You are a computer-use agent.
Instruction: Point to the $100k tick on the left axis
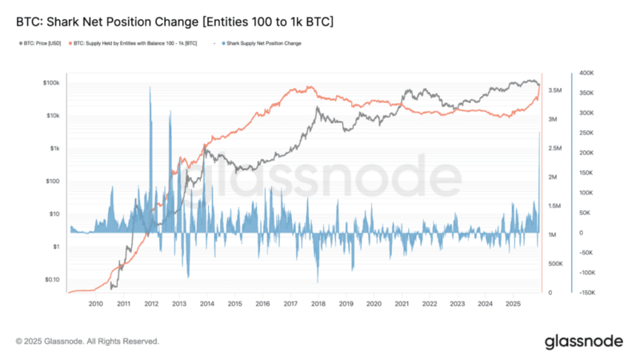click(50, 82)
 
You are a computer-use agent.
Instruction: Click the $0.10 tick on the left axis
click(51, 279)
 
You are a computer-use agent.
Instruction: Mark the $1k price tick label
click(54, 148)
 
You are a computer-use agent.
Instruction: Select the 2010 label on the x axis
click(95, 304)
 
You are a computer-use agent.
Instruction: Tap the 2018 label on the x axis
click(318, 304)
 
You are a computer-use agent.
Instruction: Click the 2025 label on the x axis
click(512, 304)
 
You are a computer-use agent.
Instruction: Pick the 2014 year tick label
click(206, 304)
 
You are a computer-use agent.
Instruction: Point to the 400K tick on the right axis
click(586, 73)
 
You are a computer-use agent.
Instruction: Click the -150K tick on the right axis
click(586, 293)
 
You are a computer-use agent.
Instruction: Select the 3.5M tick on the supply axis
click(555, 92)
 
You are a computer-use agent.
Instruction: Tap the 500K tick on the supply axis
click(554, 264)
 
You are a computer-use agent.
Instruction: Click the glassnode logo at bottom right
click(583, 342)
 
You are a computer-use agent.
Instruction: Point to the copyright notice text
click(87, 342)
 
